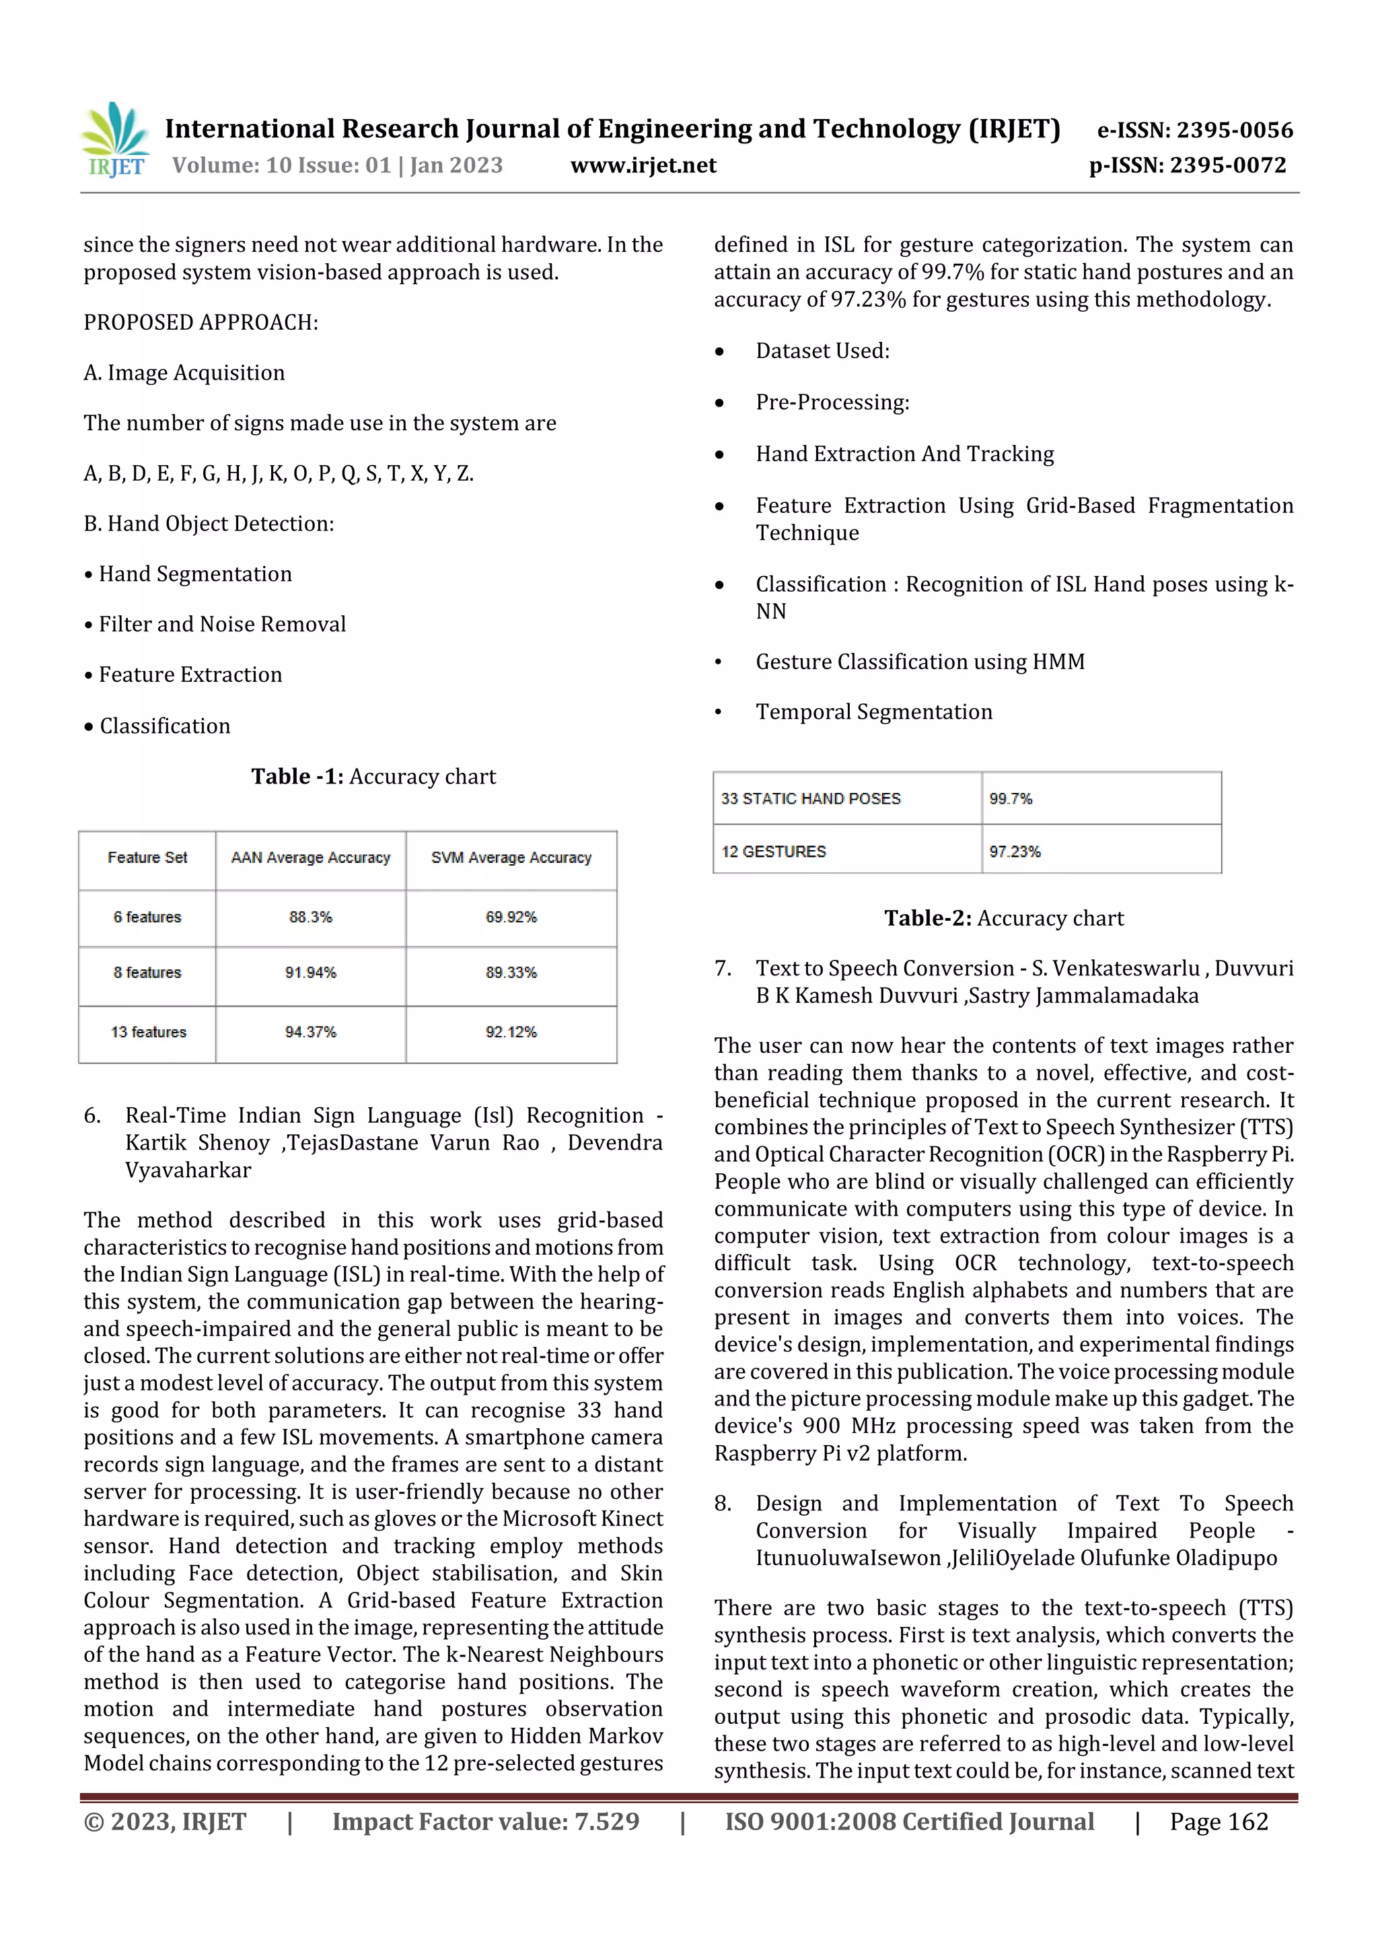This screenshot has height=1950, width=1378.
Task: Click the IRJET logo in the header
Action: click(x=116, y=140)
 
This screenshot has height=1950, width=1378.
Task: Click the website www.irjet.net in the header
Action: click(x=643, y=165)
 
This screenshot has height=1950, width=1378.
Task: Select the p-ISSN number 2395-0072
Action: click(x=1228, y=165)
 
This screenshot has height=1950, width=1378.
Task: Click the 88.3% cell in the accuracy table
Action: click(x=310, y=917)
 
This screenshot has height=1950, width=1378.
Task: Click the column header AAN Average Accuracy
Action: click(x=310, y=858)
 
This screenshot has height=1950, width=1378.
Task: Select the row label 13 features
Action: click(x=148, y=1032)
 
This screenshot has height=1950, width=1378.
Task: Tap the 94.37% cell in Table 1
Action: click(x=310, y=1032)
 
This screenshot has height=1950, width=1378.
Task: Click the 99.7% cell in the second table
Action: click(x=1011, y=798)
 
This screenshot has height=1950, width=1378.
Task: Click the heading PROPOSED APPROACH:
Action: click(x=201, y=322)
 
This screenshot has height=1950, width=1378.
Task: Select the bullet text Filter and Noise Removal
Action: click(x=221, y=624)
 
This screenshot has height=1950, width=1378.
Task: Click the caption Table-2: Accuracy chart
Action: click(x=1004, y=918)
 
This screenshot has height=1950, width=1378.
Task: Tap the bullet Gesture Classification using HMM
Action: click(x=920, y=662)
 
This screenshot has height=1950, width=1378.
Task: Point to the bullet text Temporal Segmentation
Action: click(x=873, y=711)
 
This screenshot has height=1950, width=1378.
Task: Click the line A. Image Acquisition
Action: click(x=184, y=373)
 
